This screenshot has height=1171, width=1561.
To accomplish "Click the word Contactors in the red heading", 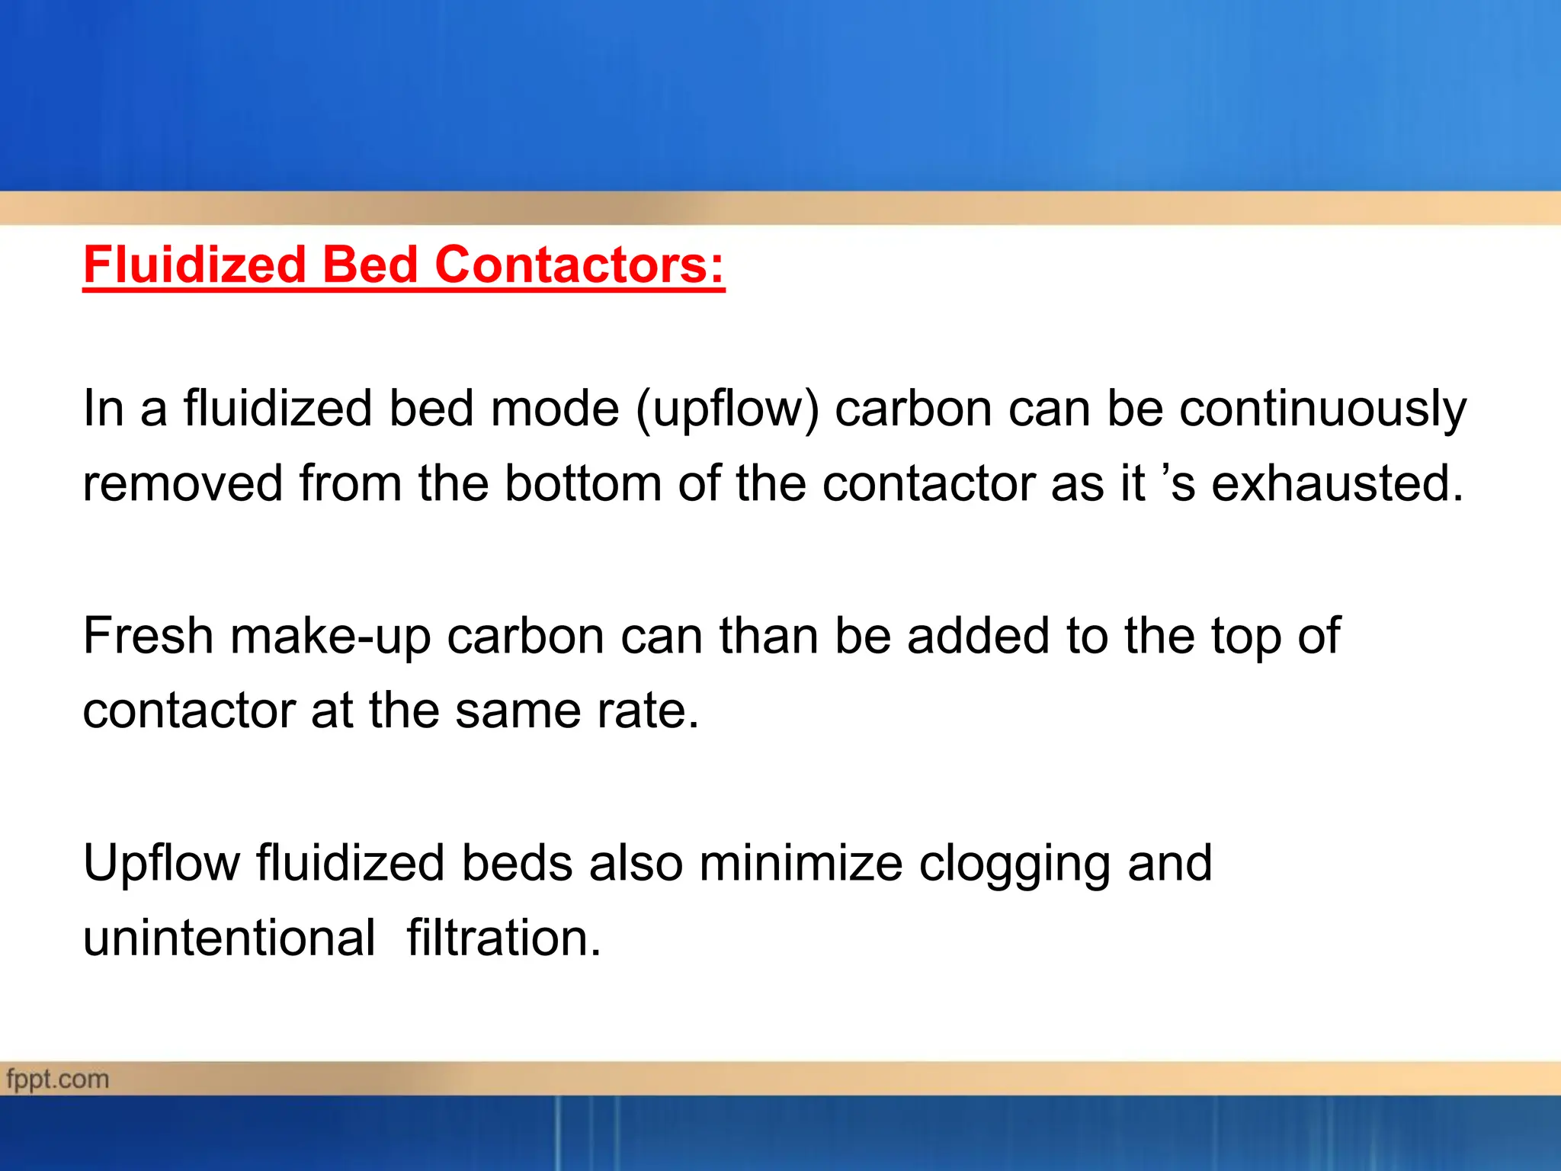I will point(579,265).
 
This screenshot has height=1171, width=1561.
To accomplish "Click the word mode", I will point(554,409).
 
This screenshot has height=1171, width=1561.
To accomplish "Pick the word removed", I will point(183,483).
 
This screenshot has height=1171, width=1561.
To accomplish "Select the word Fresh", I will point(148,636).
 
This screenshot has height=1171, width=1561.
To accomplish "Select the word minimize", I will point(800,863).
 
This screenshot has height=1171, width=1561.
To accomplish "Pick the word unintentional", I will point(229,938).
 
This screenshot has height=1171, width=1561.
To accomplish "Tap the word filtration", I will point(504,938).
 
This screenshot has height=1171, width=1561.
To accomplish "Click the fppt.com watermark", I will point(58,1080).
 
